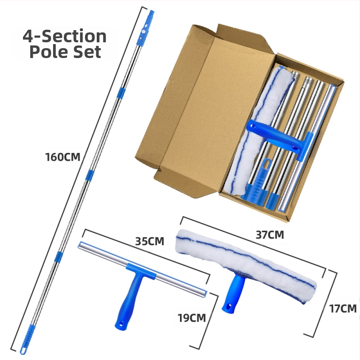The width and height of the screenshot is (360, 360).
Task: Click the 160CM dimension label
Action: point(63,157)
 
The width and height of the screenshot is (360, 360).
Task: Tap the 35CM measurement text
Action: point(149,241)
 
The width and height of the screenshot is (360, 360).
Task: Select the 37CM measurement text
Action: point(270,234)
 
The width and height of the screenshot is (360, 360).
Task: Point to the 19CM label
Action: point(192,318)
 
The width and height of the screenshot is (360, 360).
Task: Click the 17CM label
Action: point(343,309)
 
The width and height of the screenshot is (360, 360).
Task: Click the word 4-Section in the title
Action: point(64,36)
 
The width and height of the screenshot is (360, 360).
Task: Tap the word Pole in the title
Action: point(48,52)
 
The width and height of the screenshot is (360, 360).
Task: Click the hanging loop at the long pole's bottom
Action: point(23,351)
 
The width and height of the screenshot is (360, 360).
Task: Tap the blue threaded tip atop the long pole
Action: point(151,14)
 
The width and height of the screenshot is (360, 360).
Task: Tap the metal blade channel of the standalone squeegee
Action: point(142,269)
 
